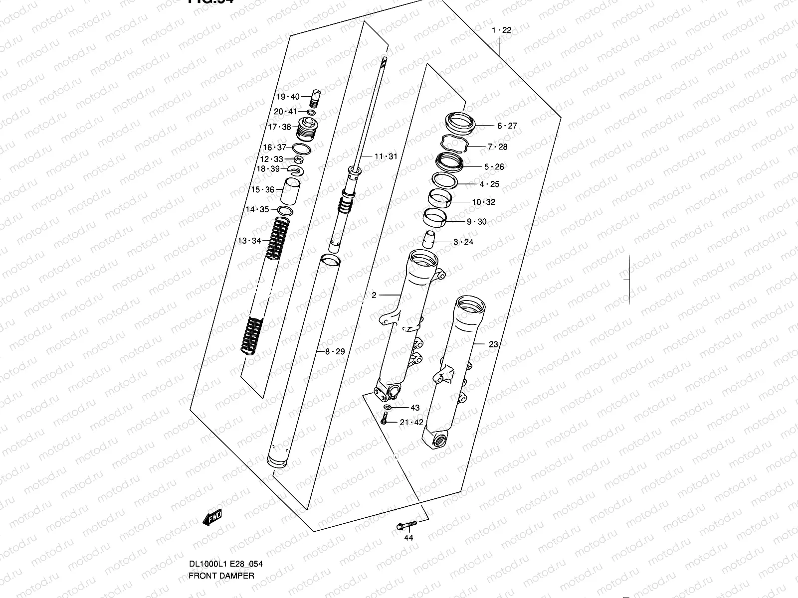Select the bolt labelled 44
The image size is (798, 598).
pos(406,525)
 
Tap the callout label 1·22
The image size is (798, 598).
pos(501,30)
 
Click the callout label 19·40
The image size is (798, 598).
pos(288,97)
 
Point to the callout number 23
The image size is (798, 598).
pos(493,344)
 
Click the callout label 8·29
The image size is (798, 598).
pos(335,351)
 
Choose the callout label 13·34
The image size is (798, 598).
pos(249,241)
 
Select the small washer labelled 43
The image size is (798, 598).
pos(388,408)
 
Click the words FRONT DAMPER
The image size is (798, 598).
pos(221,589)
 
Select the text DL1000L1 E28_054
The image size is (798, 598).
pos(225,578)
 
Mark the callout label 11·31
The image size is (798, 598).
pos(386,156)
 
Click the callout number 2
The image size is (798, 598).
pos(374,295)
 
